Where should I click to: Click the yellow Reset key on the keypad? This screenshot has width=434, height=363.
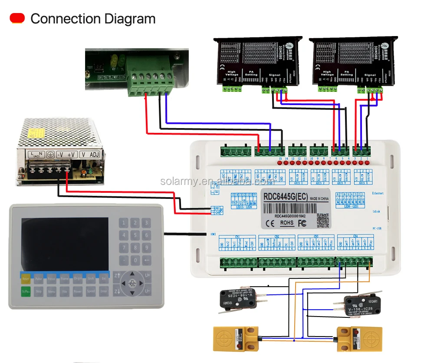click(x=26, y=278)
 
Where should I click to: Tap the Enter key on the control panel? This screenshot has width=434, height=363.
click(x=104, y=291)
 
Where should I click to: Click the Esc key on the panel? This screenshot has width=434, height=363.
click(x=104, y=278)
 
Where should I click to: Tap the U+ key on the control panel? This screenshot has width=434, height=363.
click(x=148, y=275)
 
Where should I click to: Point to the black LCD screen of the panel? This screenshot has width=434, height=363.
click(x=65, y=244)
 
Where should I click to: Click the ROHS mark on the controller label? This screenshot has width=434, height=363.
click(x=286, y=223)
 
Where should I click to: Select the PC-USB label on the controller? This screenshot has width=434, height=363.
click(x=377, y=228)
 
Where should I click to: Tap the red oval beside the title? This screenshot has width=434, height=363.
click(x=17, y=18)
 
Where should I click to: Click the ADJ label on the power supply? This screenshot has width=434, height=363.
click(x=94, y=154)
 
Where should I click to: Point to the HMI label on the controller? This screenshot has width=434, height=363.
click(x=213, y=234)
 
